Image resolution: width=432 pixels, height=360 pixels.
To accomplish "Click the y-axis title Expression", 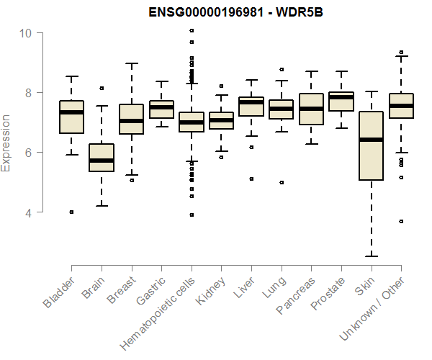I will tap(6, 143).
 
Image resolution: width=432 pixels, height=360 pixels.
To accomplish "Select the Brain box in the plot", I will tap(101, 158).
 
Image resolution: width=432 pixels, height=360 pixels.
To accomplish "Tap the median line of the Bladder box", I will tap(71, 112).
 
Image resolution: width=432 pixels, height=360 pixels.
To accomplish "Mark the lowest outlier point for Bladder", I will tap(71, 212).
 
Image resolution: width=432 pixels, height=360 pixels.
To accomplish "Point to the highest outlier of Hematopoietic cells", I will tap(191, 30).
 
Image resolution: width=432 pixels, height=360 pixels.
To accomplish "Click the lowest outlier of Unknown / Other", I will tap(400, 221).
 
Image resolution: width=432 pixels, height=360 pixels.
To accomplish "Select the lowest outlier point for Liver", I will tap(251, 179).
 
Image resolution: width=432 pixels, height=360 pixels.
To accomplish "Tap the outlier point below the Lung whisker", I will tap(281, 182).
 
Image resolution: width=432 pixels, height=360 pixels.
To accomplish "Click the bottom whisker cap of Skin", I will tap(371, 256).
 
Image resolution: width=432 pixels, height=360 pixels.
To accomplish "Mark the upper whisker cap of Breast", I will tap(131, 63).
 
